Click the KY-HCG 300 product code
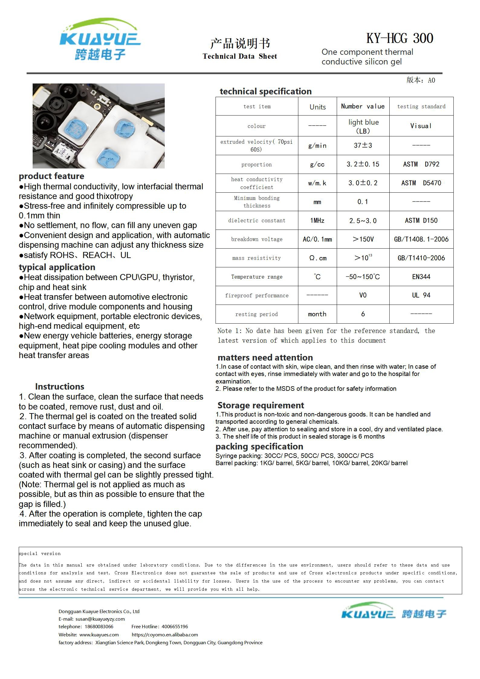click(x=400, y=38)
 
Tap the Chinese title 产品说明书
click(x=240, y=44)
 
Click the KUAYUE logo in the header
click(x=100, y=39)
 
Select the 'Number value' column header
click(x=363, y=106)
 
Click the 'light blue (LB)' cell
click(x=363, y=126)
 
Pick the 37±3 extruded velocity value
click(x=363, y=145)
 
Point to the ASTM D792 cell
click(x=421, y=164)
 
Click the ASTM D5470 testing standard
click(x=421, y=183)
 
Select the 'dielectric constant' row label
click(x=257, y=220)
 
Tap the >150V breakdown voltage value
click(x=363, y=239)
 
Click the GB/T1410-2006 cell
click(x=421, y=258)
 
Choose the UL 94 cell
click(x=421, y=295)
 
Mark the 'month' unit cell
click(x=317, y=314)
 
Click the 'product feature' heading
click(x=51, y=176)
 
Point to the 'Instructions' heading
click(x=60, y=387)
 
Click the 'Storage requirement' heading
click(x=261, y=405)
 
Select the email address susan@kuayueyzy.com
click(x=100, y=619)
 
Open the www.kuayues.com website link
click(x=99, y=635)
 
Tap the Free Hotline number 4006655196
click(x=174, y=626)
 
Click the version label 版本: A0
click(x=420, y=80)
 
